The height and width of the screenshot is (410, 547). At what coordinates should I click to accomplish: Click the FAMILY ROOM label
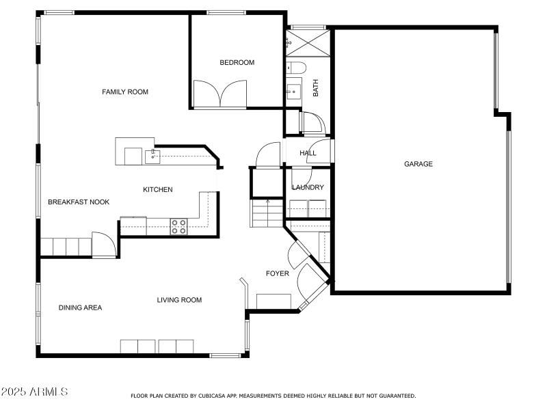125,92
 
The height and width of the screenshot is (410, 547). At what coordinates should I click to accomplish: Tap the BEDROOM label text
237,63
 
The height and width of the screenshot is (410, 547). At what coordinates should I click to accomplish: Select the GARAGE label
418,164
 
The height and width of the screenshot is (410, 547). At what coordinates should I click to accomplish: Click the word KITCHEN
157,189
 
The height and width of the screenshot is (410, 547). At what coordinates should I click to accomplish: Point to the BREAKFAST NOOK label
79,202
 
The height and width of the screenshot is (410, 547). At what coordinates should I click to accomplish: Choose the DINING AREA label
80,307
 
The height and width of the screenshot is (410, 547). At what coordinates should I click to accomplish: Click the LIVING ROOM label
179,300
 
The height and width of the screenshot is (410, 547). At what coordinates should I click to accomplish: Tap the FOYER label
277,273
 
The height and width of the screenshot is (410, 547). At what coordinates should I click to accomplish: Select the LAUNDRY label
308,187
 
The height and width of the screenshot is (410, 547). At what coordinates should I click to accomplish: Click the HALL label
308,153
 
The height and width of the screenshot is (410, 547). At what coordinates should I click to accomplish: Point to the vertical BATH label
316,87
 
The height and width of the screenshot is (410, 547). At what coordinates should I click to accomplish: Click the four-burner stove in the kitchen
178,226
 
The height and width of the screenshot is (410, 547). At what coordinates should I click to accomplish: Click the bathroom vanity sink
294,89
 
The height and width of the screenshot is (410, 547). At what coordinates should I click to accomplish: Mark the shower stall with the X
308,42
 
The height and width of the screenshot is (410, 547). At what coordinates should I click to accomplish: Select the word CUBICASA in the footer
214,396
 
